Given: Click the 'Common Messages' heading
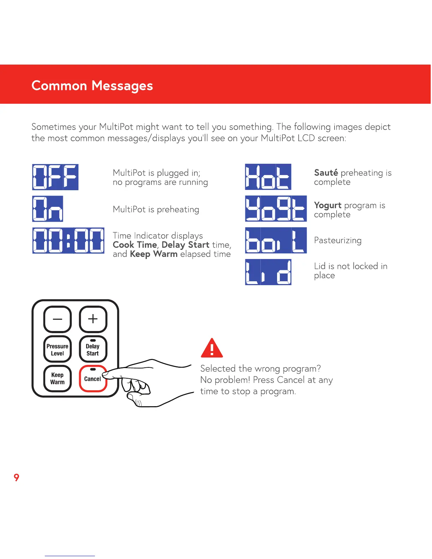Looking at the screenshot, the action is [x=92, y=86].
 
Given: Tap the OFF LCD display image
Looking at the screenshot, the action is [x=55, y=177].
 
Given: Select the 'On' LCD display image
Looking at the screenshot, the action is [x=48, y=209].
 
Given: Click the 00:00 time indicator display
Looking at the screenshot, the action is [x=68, y=241].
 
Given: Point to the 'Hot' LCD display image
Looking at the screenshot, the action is [x=268, y=177].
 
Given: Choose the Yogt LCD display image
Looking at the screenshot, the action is [x=276, y=209].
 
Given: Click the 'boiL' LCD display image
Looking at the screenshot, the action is [x=276, y=240].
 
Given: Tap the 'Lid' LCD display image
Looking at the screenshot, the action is [x=268, y=272].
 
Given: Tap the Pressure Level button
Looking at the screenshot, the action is [x=58, y=349].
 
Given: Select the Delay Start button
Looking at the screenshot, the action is [x=93, y=349].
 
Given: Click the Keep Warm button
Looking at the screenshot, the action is [x=58, y=378].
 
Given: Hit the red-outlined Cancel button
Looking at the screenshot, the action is [x=92, y=379].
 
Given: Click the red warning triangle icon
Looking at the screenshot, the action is [x=212, y=348].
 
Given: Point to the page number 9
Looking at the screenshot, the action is [x=16, y=477].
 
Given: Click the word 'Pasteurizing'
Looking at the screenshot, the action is [x=338, y=241].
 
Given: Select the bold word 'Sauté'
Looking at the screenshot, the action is [x=326, y=173].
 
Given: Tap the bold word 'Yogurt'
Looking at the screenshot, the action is [x=328, y=205].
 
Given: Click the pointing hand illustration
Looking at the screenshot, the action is [x=148, y=383].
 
